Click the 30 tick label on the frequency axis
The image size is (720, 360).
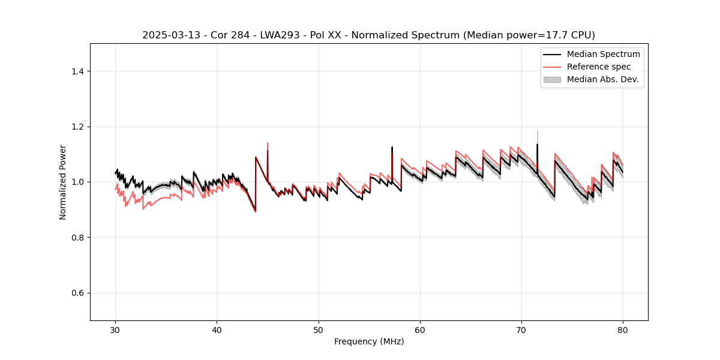pyautogui.click(x=116, y=330)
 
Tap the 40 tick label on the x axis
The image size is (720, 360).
pyautogui.click(x=217, y=330)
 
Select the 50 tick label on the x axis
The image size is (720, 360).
pyautogui.click(x=319, y=330)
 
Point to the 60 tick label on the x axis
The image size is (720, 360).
pyautogui.click(x=420, y=330)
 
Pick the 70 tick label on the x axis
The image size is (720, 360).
pyautogui.click(x=521, y=330)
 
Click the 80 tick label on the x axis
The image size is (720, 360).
pyautogui.click(x=623, y=330)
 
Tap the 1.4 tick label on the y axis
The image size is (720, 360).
pyautogui.click(x=77, y=71)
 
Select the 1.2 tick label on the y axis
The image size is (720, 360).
pyautogui.click(x=77, y=127)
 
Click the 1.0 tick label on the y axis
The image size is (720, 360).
pyautogui.click(x=77, y=182)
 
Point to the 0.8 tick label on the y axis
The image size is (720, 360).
pyautogui.click(x=77, y=238)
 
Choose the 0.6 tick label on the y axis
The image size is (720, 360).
pyautogui.click(x=77, y=293)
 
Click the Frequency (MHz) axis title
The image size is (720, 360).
pyautogui.click(x=369, y=341)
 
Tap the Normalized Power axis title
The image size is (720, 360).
pyautogui.click(x=63, y=182)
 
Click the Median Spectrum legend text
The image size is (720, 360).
pyautogui.click(x=603, y=54)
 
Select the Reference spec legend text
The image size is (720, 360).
pyautogui.click(x=599, y=67)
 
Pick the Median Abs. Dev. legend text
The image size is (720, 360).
pyautogui.click(x=603, y=79)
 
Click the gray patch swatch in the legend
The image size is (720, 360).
pyautogui.click(x=552, y=79)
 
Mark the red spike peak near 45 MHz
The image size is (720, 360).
pyautogui.click(x=268, y=143)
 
